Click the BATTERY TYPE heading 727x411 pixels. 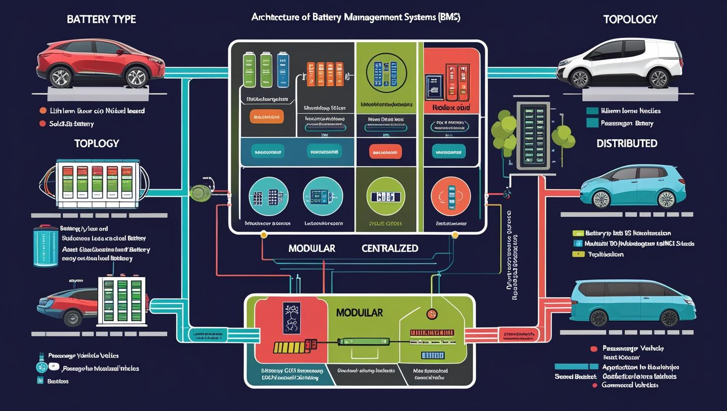click(x=101, y=19)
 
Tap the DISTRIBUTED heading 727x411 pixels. click(x=627, y=144)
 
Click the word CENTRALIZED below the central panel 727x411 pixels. click(x=390, y=248)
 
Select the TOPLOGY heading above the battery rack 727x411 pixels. click(x=96, y=144)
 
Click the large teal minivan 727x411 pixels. click(x=633, y=301)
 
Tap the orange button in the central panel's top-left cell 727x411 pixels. click(x=267, y=117)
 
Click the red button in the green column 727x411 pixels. click(x=385, y=152)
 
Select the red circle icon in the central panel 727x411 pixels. click(x=450, y=197)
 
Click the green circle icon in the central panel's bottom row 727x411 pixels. click(x=386, y=197)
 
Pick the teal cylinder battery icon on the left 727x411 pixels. click(x=45, y=246)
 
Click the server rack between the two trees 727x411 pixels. click(x=533, y=135)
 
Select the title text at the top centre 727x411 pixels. click(x=356, y=17)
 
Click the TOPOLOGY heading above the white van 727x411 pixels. click(x=630, y=19)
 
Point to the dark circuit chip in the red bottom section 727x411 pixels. click(x=291, y=317)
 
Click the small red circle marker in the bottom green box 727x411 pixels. click(x=432, y=314)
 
